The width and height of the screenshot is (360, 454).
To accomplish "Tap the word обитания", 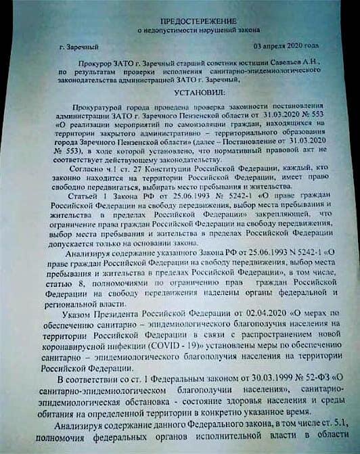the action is [64, 411].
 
